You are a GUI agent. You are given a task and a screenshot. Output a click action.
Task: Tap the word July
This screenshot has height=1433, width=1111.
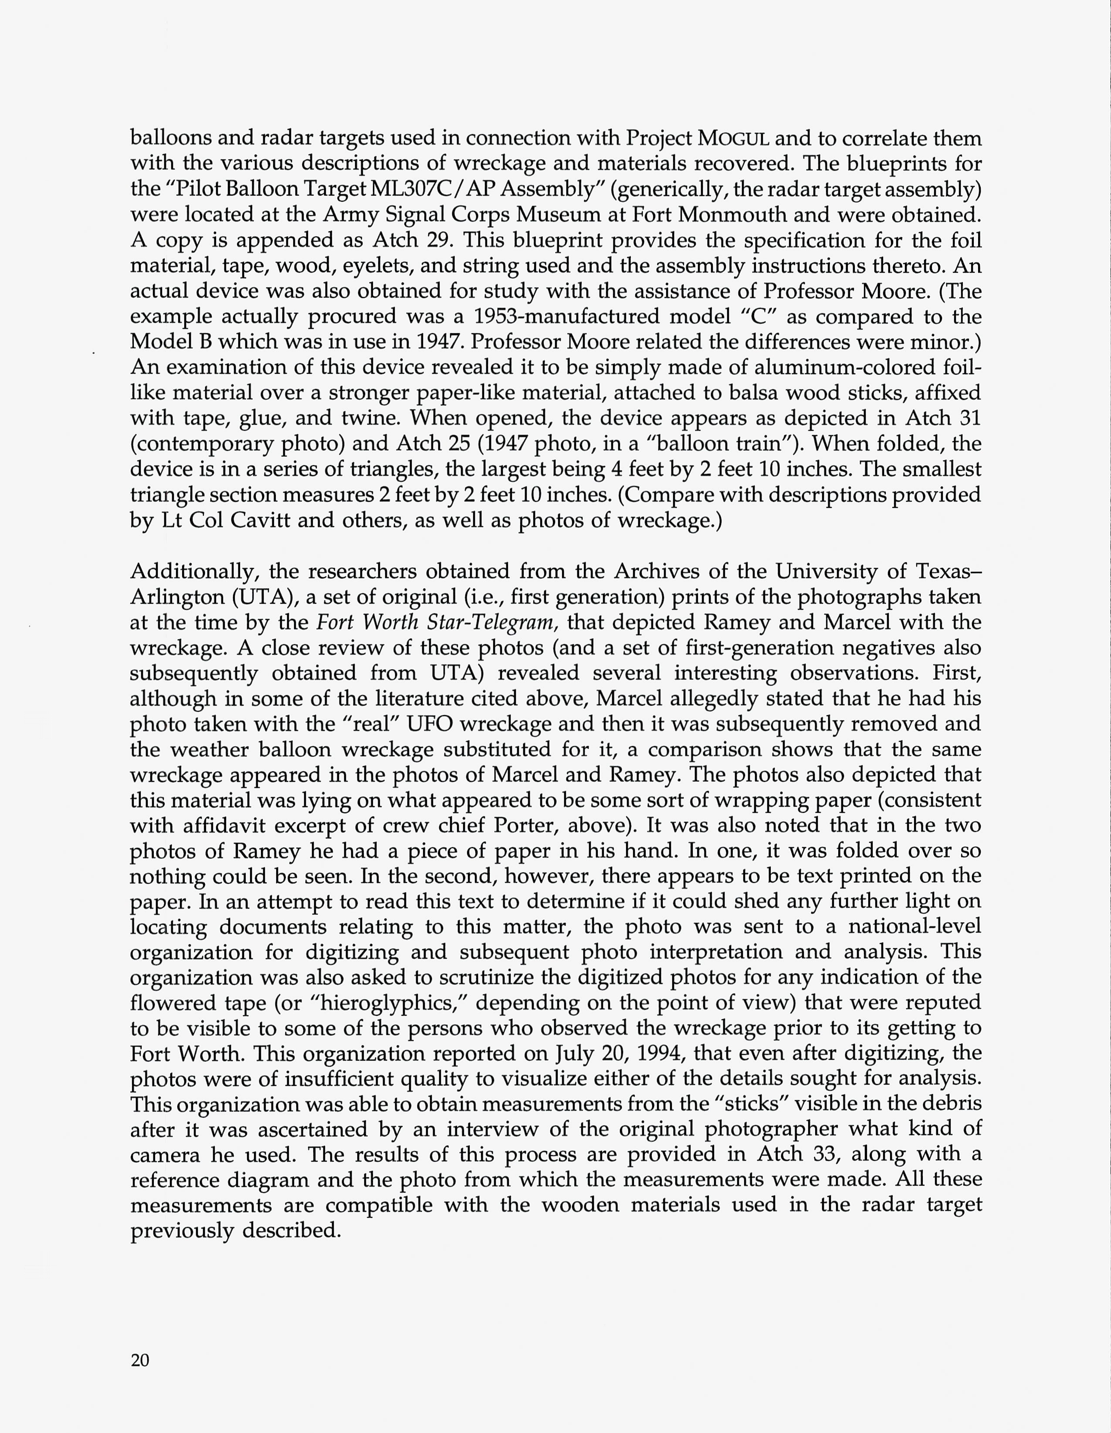point(574,1054)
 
